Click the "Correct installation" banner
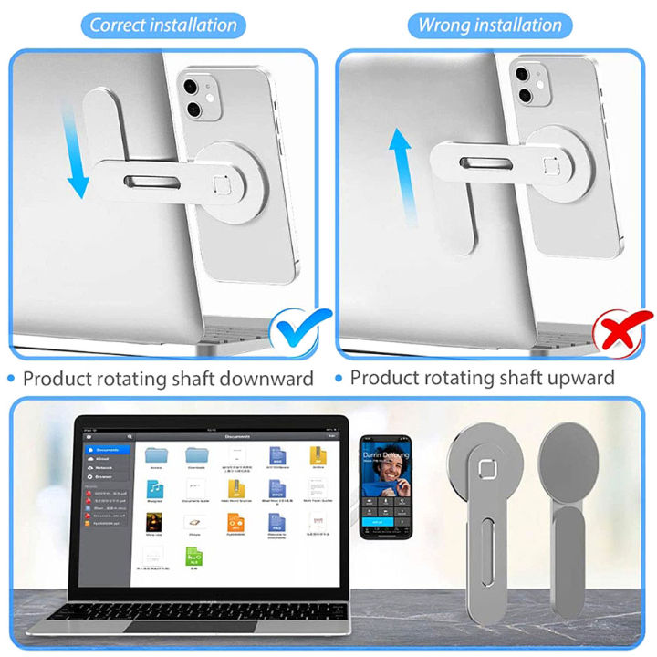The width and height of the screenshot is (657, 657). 163,25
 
